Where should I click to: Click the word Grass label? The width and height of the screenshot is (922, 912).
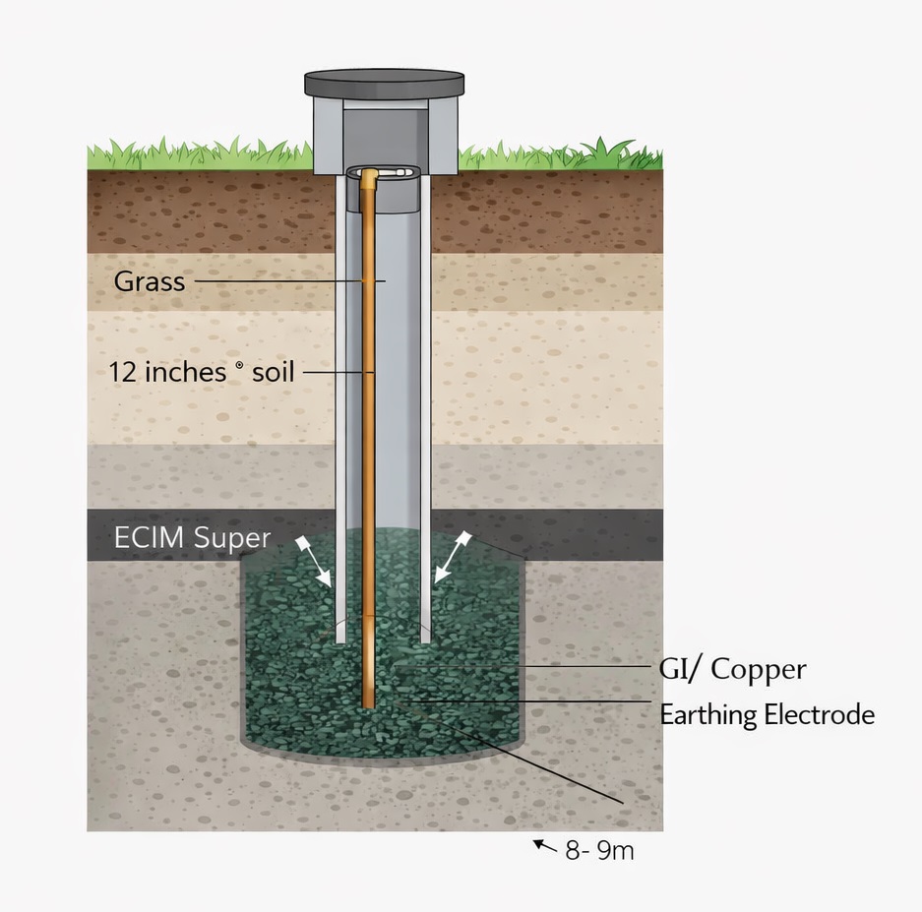150,281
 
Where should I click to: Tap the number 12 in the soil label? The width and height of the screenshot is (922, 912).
122,372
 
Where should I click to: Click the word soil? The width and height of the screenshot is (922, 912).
273,373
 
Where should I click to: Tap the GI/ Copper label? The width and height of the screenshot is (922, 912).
732,670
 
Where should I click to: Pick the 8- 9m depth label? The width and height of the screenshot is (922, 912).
599,850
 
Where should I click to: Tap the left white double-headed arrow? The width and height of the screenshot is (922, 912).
313,560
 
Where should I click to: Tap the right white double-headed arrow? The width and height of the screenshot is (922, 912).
453,558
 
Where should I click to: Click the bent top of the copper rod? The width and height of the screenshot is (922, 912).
369,175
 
